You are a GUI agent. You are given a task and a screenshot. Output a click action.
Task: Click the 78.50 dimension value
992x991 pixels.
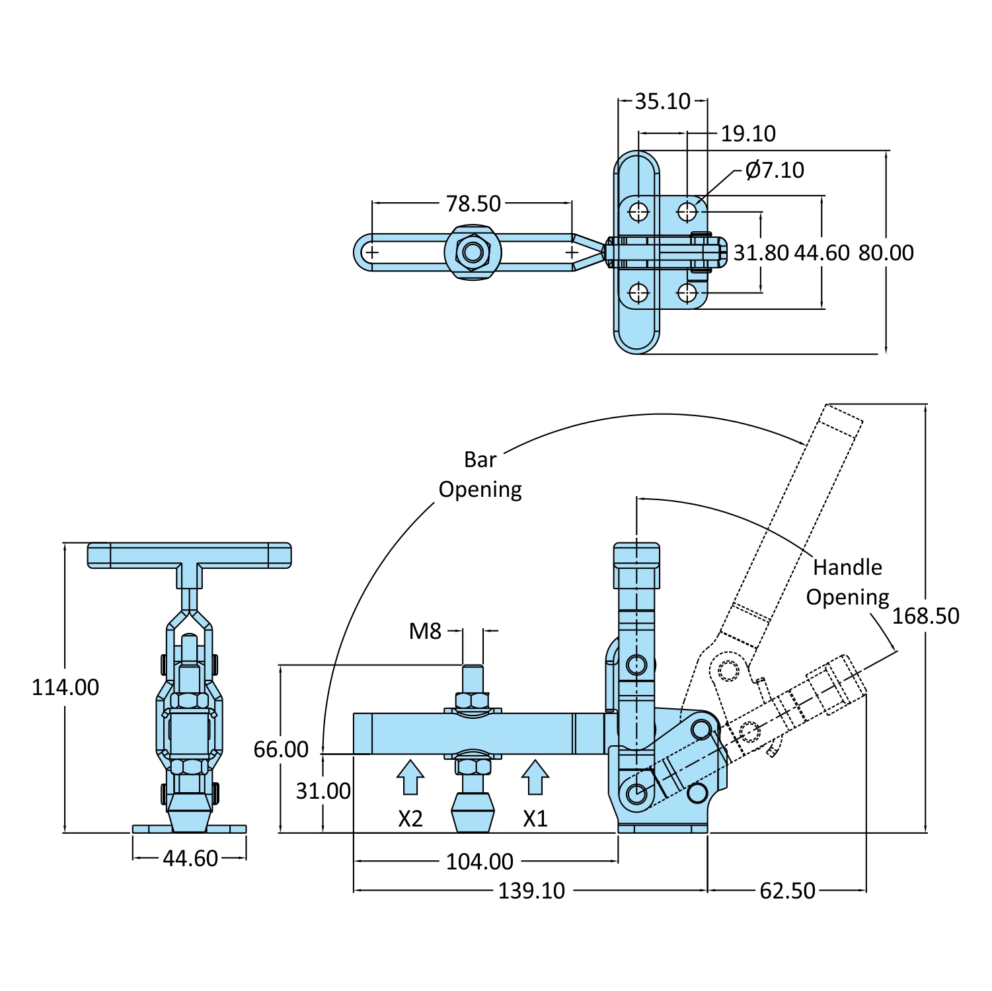(x=473, y=203)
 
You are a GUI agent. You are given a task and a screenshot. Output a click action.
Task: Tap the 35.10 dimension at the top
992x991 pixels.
(x=662, y=101)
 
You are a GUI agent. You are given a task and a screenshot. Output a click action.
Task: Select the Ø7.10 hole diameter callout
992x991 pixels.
(x=774, y=170)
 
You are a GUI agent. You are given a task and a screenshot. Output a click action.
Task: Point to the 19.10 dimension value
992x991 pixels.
(x=747, y=133)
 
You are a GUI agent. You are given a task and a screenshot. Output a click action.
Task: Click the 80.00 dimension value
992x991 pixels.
(x=886, y=252)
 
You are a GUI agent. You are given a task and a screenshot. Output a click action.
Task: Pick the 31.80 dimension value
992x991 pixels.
(x=761, y=252)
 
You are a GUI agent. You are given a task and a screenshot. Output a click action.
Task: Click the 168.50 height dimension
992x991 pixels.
(x=925, y=616)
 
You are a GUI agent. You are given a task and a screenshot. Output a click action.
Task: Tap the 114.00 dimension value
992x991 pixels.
(x=65, y=687)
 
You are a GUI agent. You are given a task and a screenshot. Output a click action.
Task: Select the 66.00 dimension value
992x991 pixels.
(x=281, y=749)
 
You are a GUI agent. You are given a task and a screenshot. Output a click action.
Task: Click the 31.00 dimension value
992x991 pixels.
(x=323, y=791)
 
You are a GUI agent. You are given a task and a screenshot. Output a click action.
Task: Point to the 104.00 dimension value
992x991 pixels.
(x=479, y=862)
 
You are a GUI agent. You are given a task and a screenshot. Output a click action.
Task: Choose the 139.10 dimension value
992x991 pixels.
(x=531, y=891)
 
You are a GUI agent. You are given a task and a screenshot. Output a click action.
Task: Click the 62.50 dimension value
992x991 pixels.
(x=787, y=891)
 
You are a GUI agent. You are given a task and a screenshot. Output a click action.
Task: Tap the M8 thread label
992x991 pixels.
(x=425, y=631)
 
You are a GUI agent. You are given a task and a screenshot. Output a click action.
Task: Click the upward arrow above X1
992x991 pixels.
(x=535, y=777)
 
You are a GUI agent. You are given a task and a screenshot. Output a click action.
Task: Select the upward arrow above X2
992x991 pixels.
(x=410, y=777)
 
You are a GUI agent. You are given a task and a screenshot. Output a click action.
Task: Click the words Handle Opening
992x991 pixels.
(x=847, y=582)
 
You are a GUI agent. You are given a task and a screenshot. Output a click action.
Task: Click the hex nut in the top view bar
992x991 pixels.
(x=473, y=252)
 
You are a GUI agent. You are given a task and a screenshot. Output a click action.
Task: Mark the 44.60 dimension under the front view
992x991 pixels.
(x=190, y=858)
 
